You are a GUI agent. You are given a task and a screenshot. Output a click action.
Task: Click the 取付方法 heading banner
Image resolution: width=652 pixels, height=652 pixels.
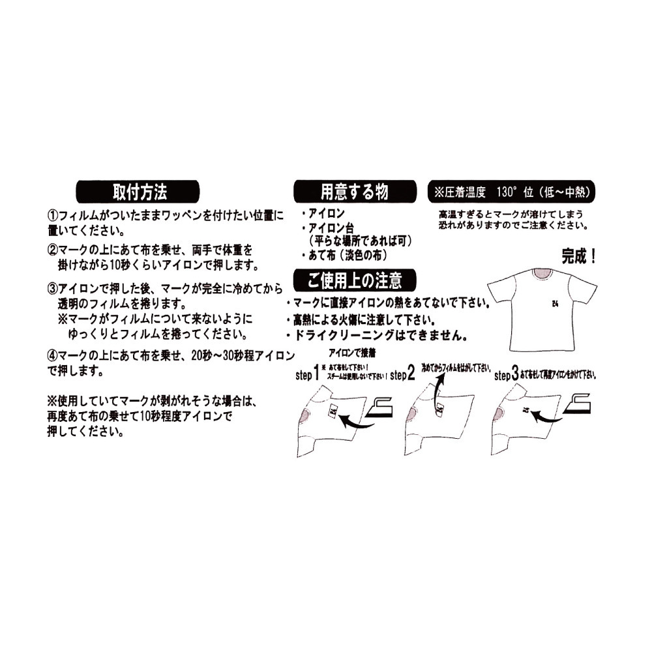[140, 192]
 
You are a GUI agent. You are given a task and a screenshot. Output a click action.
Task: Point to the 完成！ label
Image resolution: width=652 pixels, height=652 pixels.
[579, 255]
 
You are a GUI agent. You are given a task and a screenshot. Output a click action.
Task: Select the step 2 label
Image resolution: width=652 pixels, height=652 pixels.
[402, 375]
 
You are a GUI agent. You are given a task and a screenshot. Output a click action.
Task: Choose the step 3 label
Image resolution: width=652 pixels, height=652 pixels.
[506, 375]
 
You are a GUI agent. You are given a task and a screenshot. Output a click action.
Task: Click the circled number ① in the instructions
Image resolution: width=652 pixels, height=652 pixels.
[52, 215]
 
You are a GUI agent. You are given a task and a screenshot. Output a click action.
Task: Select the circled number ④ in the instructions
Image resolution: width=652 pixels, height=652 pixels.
[52, 356]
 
